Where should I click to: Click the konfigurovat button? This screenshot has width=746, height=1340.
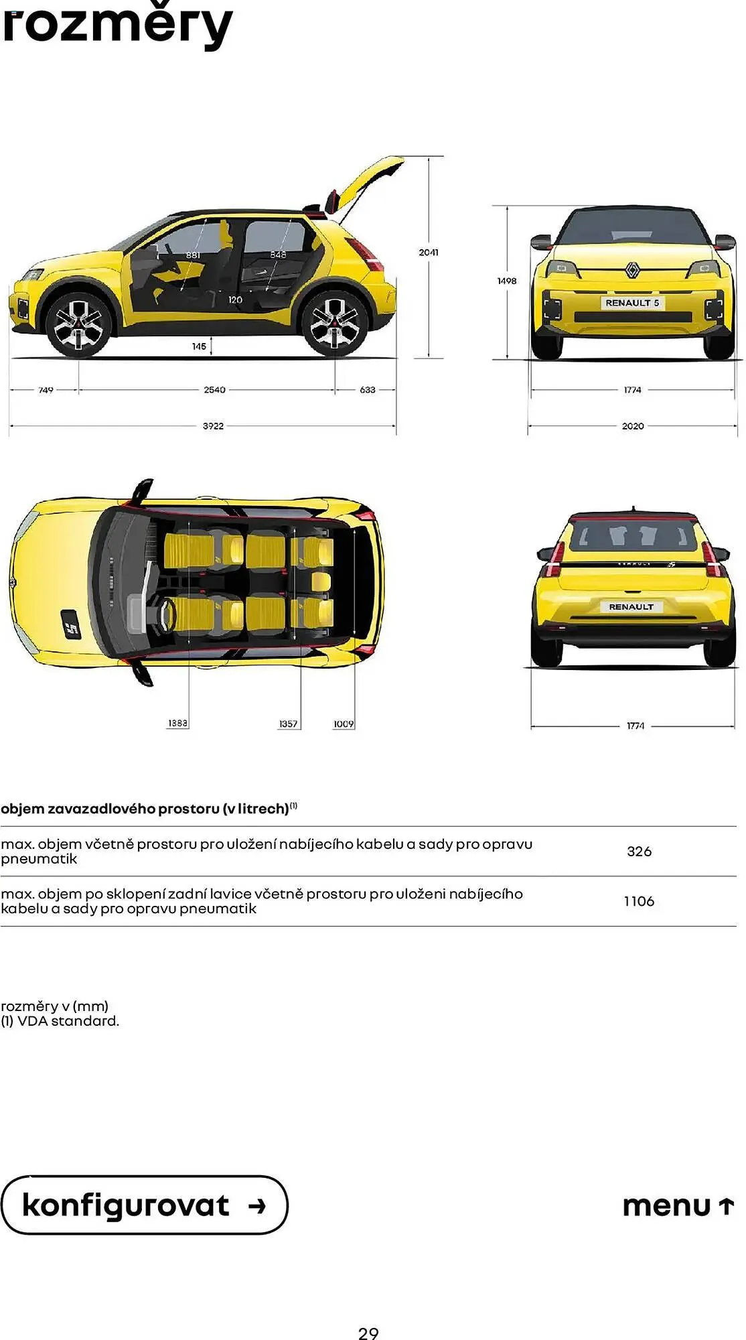(144, 1205)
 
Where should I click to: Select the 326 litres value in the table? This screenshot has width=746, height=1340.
(639, 852)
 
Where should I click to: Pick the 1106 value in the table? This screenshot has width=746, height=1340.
(639, 901)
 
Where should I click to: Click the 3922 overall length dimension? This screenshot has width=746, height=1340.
(213, 426)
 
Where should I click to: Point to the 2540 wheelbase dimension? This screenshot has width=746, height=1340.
(214, 390)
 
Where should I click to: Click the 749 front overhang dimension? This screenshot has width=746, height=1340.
(46, 390)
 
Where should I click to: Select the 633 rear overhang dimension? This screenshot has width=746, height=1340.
(368, 390)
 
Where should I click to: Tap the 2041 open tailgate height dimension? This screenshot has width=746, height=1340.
(429, 253)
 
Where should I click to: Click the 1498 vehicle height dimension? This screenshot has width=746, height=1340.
(507, 281)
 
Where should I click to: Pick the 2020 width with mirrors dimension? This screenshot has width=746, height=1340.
(633, 426)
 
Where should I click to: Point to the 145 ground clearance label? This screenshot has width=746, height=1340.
(199, 346)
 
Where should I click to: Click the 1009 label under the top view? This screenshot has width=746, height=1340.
(344, 724)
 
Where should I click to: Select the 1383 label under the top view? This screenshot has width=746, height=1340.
(177, 724)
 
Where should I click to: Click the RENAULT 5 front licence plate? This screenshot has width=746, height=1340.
(632, 303)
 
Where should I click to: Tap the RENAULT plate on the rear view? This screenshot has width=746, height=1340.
(631, 607)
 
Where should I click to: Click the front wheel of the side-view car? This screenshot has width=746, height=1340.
(78, 324)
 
